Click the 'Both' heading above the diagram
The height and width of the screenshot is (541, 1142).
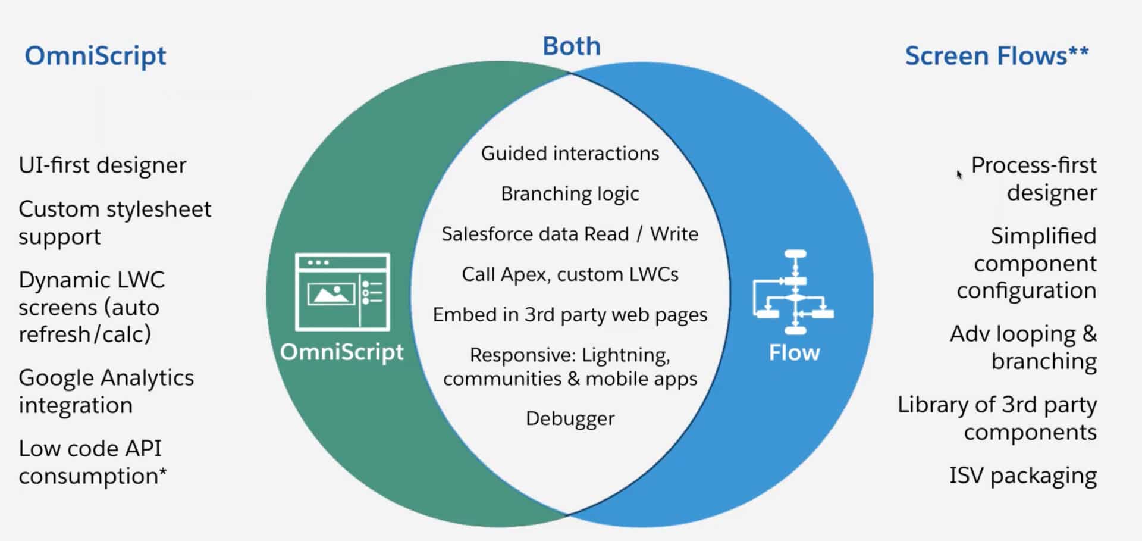[x=571, y=46]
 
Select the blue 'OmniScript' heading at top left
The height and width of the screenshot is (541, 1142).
[x=95, y=56]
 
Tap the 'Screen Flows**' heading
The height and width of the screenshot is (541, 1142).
[x=996, y=56]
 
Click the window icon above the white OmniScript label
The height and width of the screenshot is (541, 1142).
[x=343, y=292]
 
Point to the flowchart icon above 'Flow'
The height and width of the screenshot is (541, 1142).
[x=795, y=292]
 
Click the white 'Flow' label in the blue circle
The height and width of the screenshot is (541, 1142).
[x=794, y=352]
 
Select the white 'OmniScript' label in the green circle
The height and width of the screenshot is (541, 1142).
[x=341, y=352]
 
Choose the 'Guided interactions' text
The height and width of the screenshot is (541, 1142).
[x=570, y=154]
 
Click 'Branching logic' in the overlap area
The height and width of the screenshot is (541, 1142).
[x=570, y=194]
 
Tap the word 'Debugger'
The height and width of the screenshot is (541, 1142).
[x=570, y=418]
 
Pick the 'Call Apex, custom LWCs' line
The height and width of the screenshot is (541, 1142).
[x=570, y=274]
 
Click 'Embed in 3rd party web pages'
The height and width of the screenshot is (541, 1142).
[x=570, y=315]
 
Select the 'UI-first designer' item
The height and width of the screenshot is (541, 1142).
[x=102, y=165]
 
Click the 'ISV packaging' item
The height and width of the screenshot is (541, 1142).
[x=1022, y=476]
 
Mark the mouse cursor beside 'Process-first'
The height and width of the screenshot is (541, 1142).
[x=959, y=174]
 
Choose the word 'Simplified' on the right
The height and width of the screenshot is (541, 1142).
[x=1043, y=236]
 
